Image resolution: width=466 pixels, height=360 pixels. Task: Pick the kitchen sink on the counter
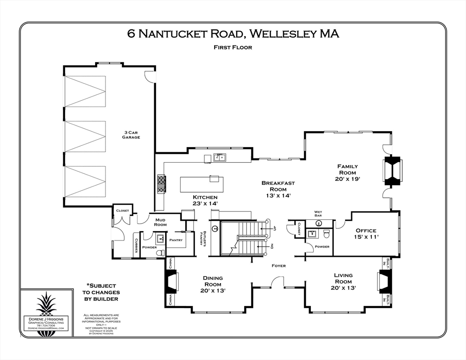pos(218,157)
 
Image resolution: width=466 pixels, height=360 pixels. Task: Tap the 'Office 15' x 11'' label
pos(366,233)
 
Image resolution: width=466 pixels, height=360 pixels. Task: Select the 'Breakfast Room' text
pos(278,189)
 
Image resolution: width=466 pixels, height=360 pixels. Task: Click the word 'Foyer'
pos(278,266)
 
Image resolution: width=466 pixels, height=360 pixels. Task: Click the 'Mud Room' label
pos(160,221)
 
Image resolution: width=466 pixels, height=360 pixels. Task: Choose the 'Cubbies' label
pos(136,245)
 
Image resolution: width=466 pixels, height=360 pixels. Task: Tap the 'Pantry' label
pos(176,240)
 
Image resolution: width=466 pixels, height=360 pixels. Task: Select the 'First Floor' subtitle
pos(233,47)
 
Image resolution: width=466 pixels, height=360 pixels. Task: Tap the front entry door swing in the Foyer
pos(278,282)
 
